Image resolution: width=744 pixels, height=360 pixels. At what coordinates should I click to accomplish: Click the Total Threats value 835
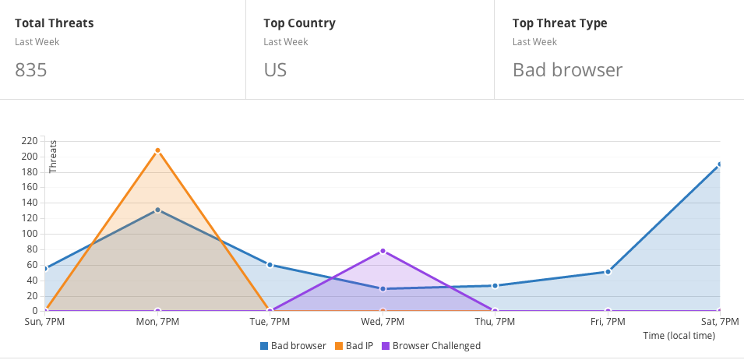(31, 70)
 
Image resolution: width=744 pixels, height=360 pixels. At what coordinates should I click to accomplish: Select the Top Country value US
(275, 70)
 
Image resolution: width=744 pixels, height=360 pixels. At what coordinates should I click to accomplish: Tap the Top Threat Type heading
(559, 23)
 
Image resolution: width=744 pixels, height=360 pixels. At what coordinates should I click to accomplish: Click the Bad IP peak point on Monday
(157, 150)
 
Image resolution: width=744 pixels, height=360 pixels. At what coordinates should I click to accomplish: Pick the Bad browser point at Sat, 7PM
(719, 164)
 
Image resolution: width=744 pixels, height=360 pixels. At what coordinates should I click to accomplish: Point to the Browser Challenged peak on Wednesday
(383, 251)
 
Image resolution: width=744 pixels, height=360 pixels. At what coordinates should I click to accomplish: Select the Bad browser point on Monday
(157, 210)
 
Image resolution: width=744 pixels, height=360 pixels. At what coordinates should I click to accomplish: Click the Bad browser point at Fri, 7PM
(608, 272)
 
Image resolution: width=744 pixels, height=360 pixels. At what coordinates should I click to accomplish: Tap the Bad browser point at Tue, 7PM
(270, 265)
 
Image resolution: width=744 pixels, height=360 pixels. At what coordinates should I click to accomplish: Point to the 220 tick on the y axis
(30, 141)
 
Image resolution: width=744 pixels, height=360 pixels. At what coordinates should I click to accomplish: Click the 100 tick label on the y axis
(30, 234)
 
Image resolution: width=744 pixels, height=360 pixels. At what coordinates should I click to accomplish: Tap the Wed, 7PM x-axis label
(383, 322)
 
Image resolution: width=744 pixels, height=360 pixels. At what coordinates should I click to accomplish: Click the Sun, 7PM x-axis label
(44, 322)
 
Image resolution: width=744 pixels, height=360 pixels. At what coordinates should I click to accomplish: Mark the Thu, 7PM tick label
(495, 322)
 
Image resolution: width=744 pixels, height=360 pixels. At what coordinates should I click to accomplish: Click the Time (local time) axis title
(679, 336)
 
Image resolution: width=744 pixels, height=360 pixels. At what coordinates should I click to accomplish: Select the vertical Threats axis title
(53, 157)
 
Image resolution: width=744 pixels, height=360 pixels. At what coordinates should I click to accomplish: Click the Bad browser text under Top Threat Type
(567, 70)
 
